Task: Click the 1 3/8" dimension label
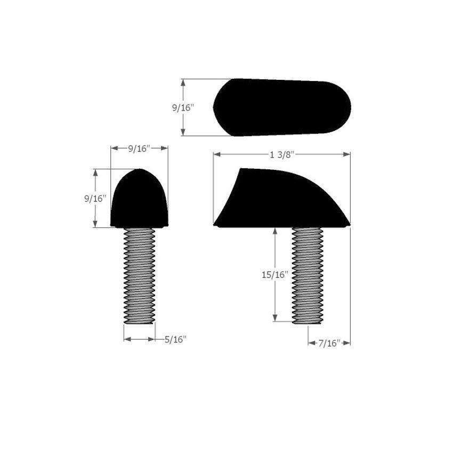click(x=281, y=154)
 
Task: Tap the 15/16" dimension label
click(x=275, y=275)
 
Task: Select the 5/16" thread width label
click(x=175, y=339)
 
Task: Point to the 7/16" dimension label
click(x=329, y=343)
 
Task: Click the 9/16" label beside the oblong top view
click(x=183, y=108)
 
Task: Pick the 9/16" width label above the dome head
click(x=139, y=149)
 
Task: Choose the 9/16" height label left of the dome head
click(x=95, y=199)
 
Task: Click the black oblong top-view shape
click(x=282, y=108)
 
